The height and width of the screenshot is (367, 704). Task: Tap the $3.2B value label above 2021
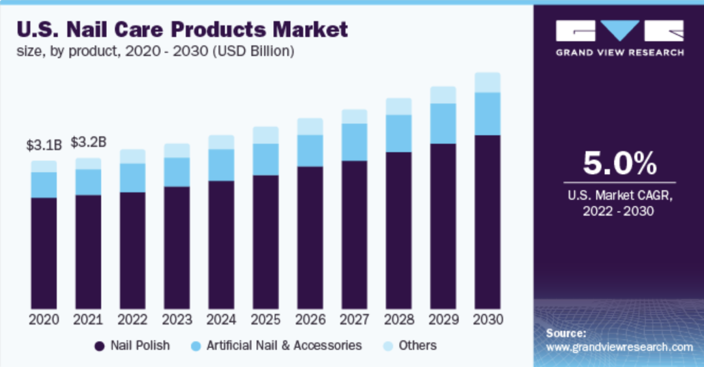tap(88, 141)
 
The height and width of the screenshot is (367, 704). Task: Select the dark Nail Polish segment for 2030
tap(487, 222)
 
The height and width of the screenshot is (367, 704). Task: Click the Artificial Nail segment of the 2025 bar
tap(265, 159)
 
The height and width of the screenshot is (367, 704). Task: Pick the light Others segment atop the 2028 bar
tap(398, 106)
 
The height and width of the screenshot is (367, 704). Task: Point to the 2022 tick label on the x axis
tap(132, 320)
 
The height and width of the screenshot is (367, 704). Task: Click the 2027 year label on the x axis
tap(354, 320)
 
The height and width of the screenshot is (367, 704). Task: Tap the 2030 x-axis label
tap(487, 320)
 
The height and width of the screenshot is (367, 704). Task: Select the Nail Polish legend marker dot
tap(100, 345)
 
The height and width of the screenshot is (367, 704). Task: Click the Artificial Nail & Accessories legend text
tap(284, 345)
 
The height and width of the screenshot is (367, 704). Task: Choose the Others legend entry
tap(418, 345)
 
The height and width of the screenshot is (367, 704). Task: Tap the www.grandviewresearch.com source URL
tap(619, 347)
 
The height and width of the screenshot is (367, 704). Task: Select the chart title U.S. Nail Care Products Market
tap(183, 29)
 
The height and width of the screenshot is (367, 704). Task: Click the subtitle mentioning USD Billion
tap(156, 51)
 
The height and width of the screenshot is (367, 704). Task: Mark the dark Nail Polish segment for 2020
tap(44, 253)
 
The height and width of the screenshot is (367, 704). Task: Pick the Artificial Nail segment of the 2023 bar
tap(177, 172)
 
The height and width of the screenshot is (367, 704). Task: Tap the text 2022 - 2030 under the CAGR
tap(619, 211)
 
